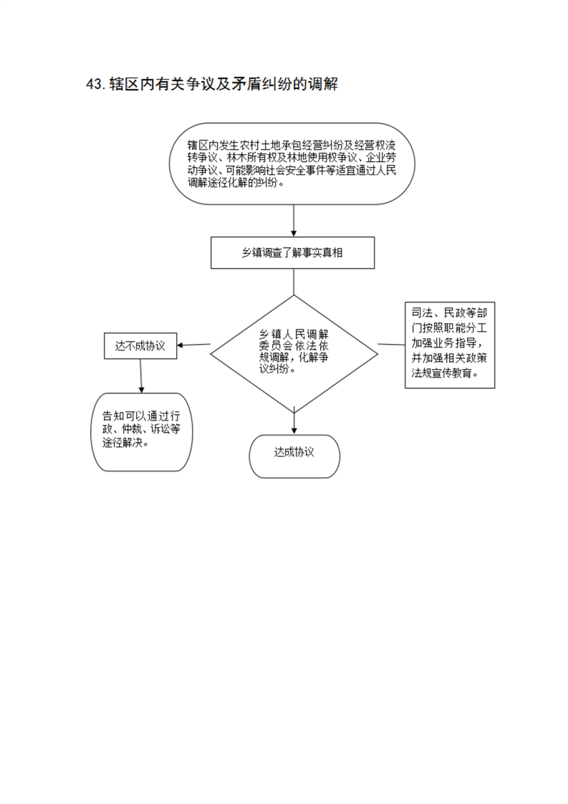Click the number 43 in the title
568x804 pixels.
click(x=95, y=84)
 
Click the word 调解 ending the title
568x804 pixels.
click(x=322, y=84)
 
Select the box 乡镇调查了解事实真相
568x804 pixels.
click(x=293, y=253)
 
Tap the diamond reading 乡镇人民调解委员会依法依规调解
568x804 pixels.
click(x=294, y=354)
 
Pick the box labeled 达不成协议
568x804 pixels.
click(x=140, y=346)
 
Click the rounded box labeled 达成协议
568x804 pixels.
click(x=294, y=456)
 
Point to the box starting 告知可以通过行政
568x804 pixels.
click(x=142, y=432)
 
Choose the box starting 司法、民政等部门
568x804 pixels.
click(x=450, y=345)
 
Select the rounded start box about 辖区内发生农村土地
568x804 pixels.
click(x=292, y=164)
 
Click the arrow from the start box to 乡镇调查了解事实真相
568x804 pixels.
click(x=294, y=221)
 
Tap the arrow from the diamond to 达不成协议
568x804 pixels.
click(x=194, y=345)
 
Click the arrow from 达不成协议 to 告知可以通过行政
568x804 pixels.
click(x=141, y=376)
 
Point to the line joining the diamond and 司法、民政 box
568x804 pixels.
click(x=392, y=344)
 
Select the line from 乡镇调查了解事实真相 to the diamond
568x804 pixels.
click(x=294, y=282)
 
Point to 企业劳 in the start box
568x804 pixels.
click(x=380, y=158)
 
